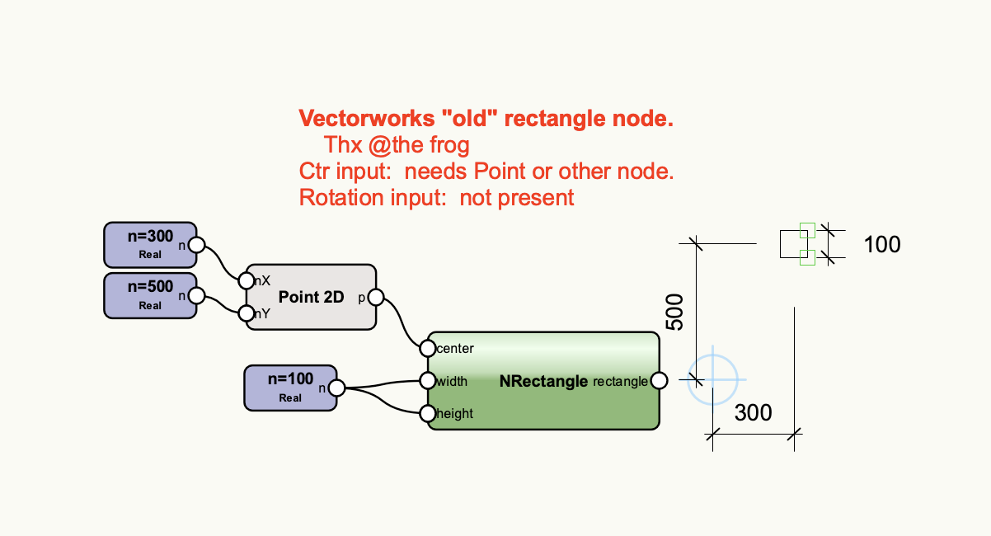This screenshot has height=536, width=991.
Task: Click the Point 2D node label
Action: (x=311, y=297)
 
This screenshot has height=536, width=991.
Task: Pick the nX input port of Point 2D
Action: (x=246, y=280)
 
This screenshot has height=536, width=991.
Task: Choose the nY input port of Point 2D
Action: (x=246, y=313)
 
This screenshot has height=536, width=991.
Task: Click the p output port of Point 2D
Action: (x=375, y=297)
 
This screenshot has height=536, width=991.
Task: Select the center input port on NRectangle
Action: (x=427, y=348)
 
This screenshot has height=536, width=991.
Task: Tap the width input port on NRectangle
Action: (x=427, y=381)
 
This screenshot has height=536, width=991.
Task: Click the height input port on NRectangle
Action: (x=427, y=413)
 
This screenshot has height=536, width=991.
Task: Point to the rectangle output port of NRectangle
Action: (x=659, y=380)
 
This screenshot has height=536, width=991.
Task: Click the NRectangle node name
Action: (x=543, y=381)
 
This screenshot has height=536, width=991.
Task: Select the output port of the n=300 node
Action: (x=196, y=244)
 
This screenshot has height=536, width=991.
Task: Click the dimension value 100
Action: (x=882, y=244)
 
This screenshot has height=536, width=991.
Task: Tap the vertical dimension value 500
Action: (x=675, y=312)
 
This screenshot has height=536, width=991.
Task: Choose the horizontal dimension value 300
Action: (x=753, y=412)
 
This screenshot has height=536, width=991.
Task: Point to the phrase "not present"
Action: (x=517, y=198)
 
